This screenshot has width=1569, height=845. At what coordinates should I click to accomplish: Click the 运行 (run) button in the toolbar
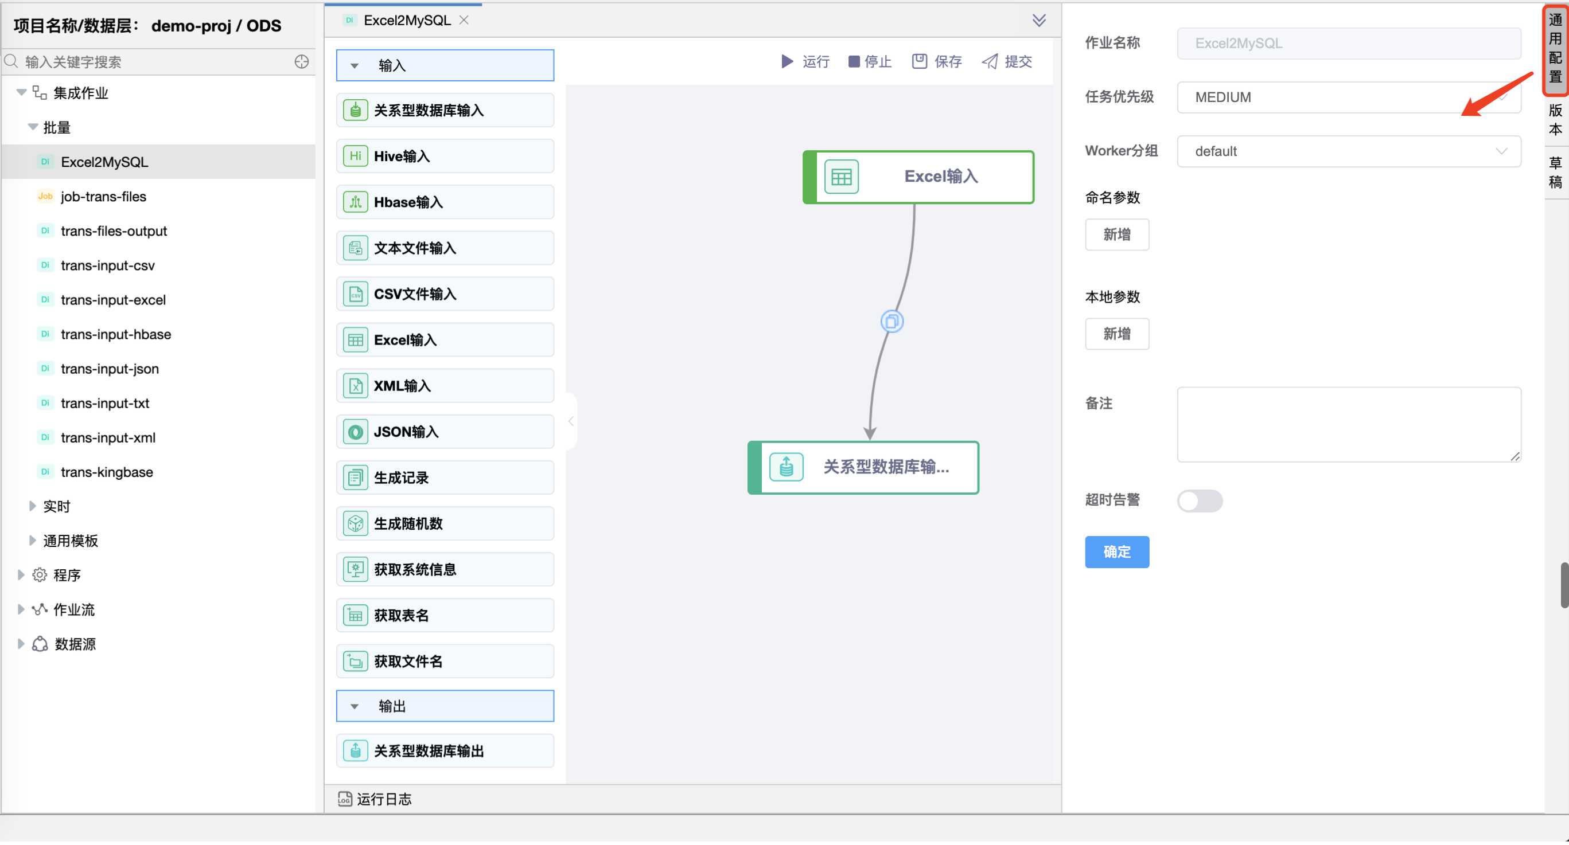point(805,61)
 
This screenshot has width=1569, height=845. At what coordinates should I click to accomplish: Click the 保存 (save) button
point(937,61)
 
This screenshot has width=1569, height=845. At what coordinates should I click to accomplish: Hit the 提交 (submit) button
point(1007,61)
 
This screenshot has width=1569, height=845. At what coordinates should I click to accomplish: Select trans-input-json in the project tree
point(110,369)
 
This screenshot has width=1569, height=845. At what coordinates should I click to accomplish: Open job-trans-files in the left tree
point(103,197)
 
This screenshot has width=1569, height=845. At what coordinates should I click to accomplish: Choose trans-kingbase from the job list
point(107,472)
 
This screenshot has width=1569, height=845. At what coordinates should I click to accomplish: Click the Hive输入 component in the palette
point(445,157)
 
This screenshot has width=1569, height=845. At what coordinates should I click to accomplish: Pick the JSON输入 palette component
point(445,432)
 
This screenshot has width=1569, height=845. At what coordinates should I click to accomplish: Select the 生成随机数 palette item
point(445,524)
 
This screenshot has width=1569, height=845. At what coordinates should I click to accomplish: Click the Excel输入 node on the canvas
point(918,177)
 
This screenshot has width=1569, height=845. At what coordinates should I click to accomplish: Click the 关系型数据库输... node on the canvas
point(863,468)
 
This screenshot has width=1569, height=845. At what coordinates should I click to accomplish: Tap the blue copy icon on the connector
point(891,322)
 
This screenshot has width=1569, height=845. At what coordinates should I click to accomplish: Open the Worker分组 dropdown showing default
point(1349,151)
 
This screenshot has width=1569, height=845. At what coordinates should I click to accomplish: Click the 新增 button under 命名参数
point(1117,234)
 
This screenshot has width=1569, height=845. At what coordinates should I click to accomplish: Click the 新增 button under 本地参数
point(1117,334)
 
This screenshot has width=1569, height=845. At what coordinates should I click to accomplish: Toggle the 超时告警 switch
point(1200,501)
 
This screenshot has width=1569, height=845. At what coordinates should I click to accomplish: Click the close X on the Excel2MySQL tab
point(464,20)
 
